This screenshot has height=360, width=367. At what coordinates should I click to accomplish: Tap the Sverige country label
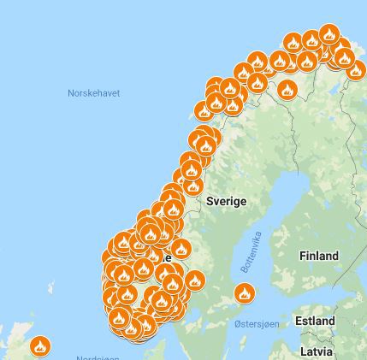(x=226, y=201)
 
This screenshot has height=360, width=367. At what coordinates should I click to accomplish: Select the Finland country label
(x=318, y=255)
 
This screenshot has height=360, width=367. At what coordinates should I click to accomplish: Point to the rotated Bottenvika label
(x=250, y=253)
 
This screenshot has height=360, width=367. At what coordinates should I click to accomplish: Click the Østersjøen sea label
(x=255, y=324)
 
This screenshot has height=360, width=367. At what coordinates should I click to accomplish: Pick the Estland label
(x=315, y=321)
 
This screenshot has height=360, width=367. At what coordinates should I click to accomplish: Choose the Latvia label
(x=317, y=351)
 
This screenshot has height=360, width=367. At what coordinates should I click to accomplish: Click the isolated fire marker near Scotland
(x=39, y=346)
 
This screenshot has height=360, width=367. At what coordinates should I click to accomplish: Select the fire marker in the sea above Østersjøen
(x=245, y=293)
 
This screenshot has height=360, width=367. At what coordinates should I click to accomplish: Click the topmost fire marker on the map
(x=329, y=34)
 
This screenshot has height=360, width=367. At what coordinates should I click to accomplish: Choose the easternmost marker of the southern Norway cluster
(x=195, y=280)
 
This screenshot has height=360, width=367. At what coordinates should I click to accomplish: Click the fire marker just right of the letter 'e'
(x=181, y=249)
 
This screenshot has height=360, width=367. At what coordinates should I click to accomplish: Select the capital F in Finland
(x=302, y=255)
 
